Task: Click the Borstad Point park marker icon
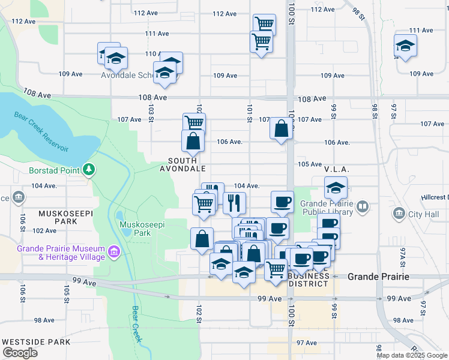(89, 170)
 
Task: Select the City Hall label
(424, 214)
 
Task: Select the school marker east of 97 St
(405, 46)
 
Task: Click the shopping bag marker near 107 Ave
(281, 128)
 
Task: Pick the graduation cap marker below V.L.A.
(336, 188)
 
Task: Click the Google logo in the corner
(20, 353)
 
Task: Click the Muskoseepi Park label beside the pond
(142, 228)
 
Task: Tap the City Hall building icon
(400, 214)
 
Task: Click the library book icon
(362, 207)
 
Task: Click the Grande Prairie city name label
(379, 277)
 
